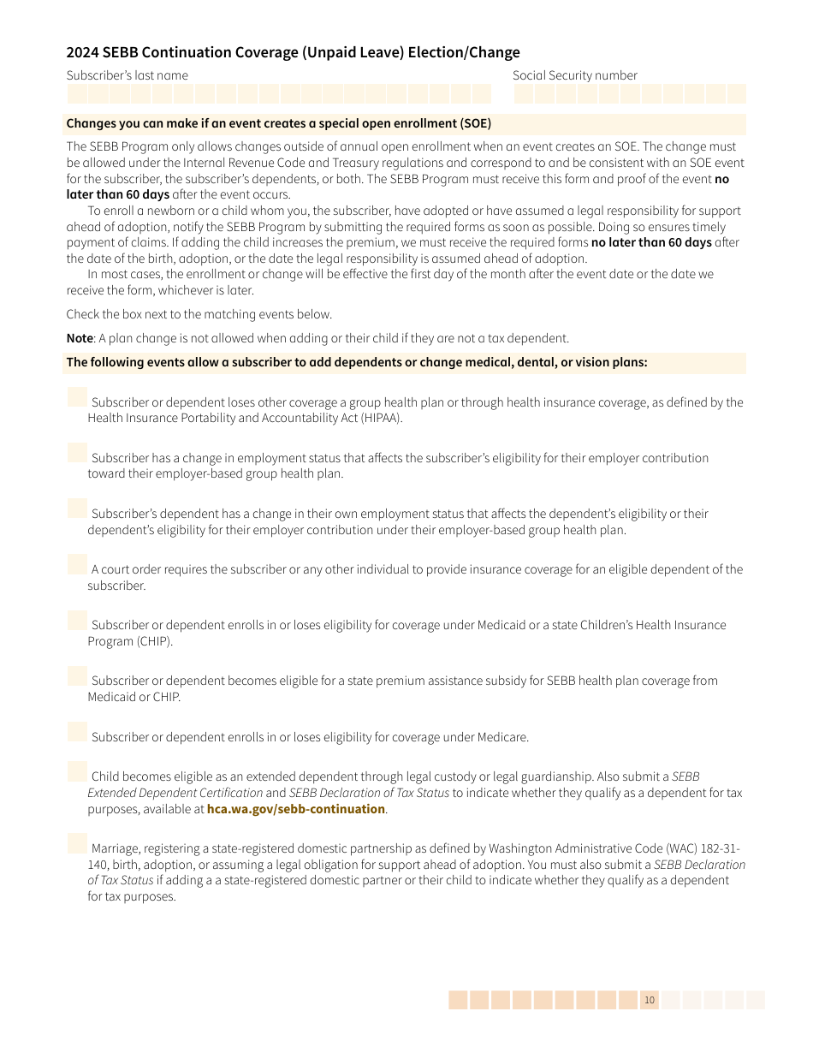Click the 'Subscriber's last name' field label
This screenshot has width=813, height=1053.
128,75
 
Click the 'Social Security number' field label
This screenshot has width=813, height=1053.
574,75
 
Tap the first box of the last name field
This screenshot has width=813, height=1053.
77,94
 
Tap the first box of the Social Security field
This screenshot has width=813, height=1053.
524,94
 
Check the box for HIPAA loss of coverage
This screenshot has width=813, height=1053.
77,397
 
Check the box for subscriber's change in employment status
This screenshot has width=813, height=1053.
77,453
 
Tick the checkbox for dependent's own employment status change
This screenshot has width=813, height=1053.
77,509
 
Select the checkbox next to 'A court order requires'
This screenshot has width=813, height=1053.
77,564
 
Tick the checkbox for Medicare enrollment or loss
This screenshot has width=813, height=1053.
77,732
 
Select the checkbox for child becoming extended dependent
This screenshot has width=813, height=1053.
77,771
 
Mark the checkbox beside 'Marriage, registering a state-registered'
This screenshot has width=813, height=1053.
77,843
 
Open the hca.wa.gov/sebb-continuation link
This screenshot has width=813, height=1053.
295,809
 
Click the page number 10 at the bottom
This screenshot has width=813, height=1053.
650,1000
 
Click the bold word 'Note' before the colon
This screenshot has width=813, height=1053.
80,338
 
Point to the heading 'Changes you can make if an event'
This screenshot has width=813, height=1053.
278,124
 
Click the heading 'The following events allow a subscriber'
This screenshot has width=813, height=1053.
356,362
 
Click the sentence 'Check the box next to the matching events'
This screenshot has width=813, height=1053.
199,314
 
